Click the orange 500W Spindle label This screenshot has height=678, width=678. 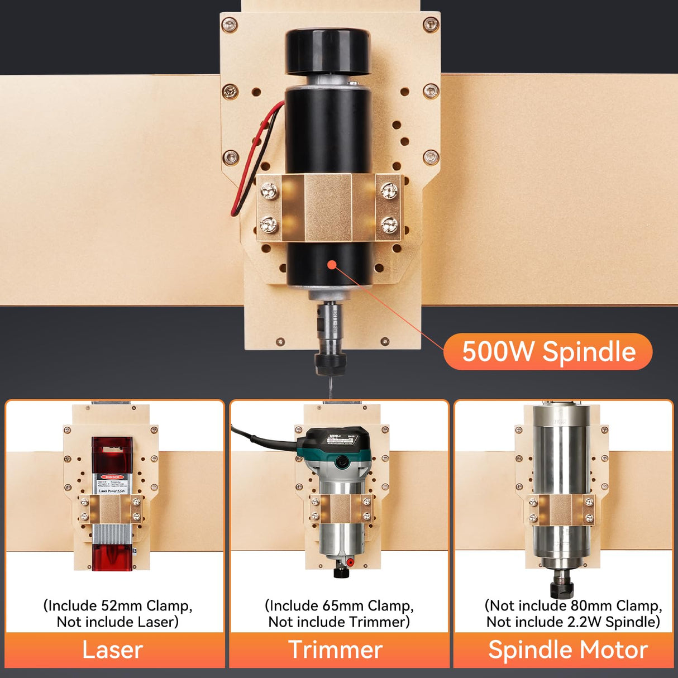pyautogui.click(x=548, y=352)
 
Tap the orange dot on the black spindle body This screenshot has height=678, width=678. pyautogui.click(x=332, y=265)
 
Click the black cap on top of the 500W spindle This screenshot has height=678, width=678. pyautogui.click(x=328, y=51)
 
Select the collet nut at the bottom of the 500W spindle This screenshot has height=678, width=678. pyautogui.click(x=330, y=362)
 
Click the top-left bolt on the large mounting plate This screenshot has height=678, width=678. pyautogui.click(x=229, y=25)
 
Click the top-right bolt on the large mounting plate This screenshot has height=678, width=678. pyautogui.click(x=431, y=25)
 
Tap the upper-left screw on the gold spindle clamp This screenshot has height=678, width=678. pyautogui.click(x=270, y=191)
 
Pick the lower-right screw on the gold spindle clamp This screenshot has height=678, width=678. pyautogui.click(x=389, y=225)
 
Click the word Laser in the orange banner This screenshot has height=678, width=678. pyautogui.click(x=112, y=650)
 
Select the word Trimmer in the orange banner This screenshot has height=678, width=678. pyautogui.click(x=335, y=650)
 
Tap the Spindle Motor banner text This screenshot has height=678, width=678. pyautogui.click(x=567, y=650)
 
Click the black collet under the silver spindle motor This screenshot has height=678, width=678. pyautogui.click(x=561, y=588)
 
